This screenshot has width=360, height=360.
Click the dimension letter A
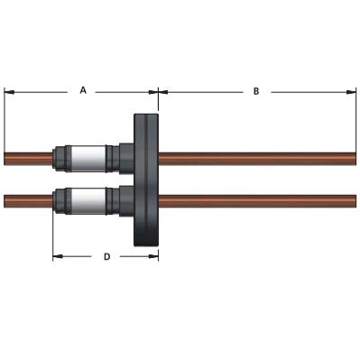pos(83,90)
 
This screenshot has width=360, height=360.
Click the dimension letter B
pos(256,91)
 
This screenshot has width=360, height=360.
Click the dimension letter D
pos(107,256)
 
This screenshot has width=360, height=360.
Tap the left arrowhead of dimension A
pos(9,92)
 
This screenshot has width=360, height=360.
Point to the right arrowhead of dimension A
pos(153,92)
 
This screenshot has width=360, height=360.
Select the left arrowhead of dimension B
pos(163,92)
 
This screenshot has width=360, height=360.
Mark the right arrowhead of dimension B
pos(351,92)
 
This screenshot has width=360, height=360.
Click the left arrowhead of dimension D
pos(58,256)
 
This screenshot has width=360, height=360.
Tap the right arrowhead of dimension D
pos(153,256)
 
